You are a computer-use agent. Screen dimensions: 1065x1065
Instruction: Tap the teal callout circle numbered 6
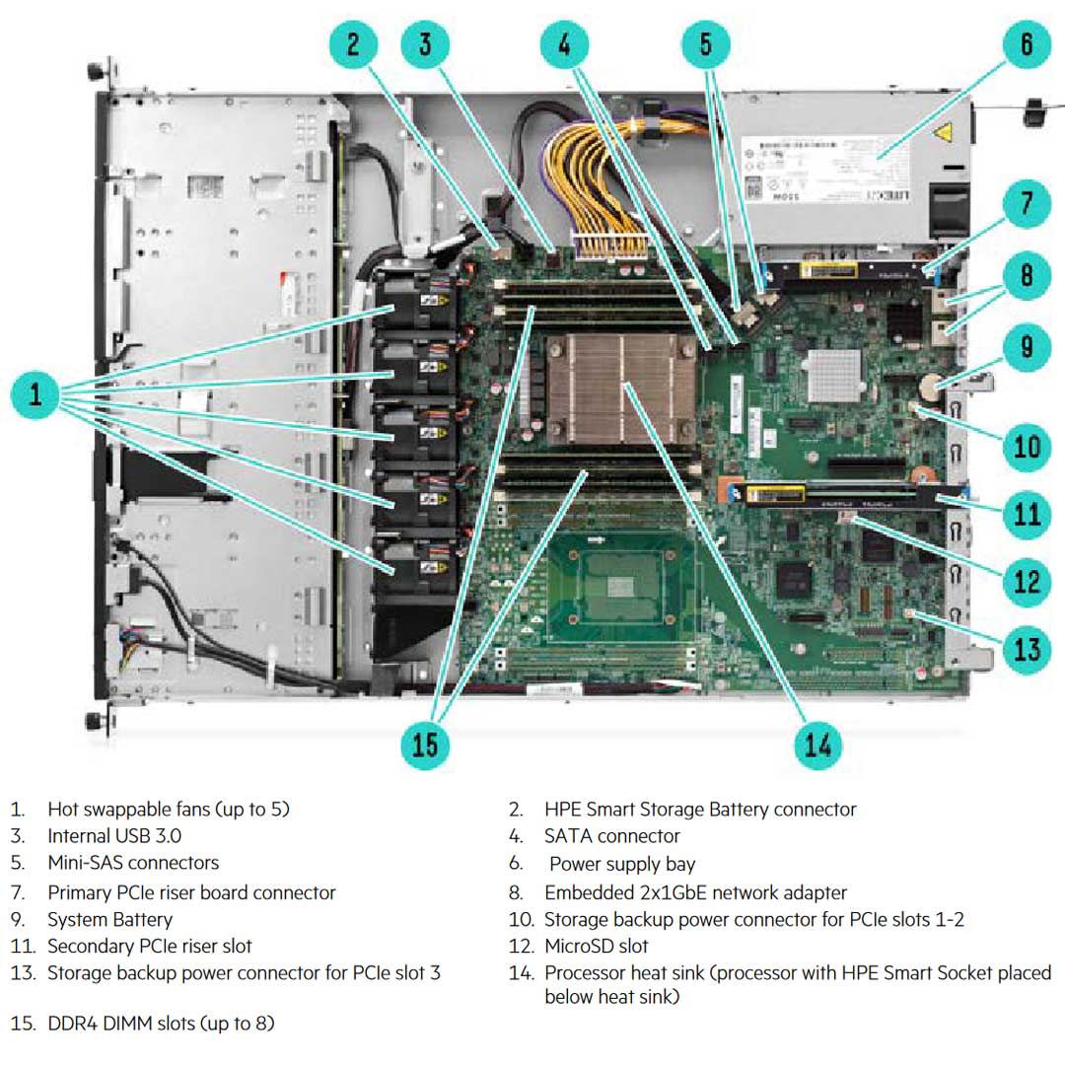(x=1027, y=44)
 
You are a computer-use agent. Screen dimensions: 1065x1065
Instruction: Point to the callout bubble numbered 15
(x=425, y=744)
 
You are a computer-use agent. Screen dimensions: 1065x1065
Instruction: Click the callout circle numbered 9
(x=1027, y=346)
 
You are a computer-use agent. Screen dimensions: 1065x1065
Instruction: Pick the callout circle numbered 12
(x=1027, y=580)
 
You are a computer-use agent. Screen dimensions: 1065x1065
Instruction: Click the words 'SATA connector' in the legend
(x=611, y=836)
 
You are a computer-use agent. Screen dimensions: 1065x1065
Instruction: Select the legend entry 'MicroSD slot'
(x=596, y=947)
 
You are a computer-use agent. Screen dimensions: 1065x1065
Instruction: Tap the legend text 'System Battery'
(x=109, y=920)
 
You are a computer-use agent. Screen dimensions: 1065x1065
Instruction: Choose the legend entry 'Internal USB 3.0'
(x=114, y=836)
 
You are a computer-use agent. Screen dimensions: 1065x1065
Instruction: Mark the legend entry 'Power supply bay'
(x=622, y=865)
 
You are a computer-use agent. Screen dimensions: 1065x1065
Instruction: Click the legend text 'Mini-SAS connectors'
(x=133, y=863)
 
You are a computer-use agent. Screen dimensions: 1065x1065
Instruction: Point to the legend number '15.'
(x=22, y=1024)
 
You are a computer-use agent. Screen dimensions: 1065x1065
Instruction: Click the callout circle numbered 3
(x=425, y=44)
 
